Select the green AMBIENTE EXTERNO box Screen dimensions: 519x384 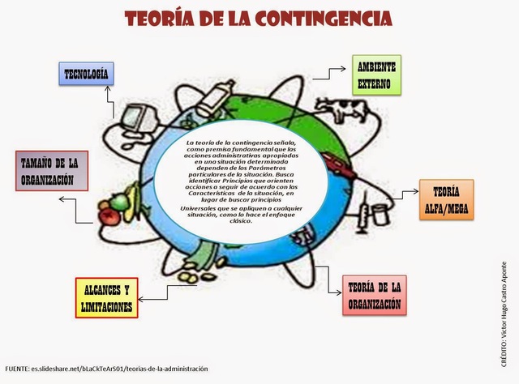tap(375, 75)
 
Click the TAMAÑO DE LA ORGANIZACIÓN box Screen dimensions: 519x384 tap(51, 169)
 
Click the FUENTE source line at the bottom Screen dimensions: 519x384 tap(105, 369)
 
